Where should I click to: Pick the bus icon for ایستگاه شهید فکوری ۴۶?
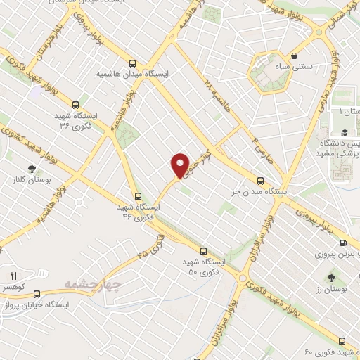pyautogui.click(x=138, y=197)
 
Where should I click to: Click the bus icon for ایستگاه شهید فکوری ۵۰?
pyautogui.click(x=202, y=250)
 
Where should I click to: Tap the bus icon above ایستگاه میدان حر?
pyautogui.click(x=261, y=180)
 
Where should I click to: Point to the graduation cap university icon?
pyautogui.click(x=345, y=133)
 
